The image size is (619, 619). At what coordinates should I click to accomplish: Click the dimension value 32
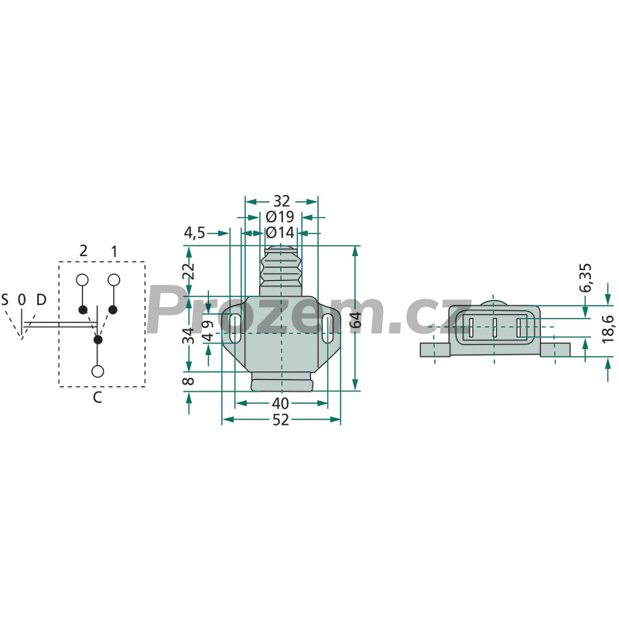pyautogui.click(x=282, y=201)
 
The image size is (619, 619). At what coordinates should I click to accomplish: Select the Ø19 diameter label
pyautogui.click(x=280, y=217)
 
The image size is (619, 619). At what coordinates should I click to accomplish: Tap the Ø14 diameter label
pyautogui.click(x=280, y=233)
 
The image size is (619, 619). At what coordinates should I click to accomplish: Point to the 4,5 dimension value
pyautogui.click(x=195, y=233)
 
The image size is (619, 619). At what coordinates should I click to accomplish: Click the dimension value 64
pyautogui.click(x=356, y=320)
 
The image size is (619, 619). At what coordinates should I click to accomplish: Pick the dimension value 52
pyautogui.click(x=281, y=419)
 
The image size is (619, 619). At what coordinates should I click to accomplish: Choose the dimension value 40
pyautogui.click(x=281, y=403)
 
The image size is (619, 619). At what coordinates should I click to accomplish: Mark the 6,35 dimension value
pyautogui.click(x=586, y=278)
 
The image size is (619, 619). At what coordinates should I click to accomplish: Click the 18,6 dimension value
pyautogui.click(x=608, y=328)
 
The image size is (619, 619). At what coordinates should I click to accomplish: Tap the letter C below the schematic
pyautogui.click(x=97, y=397)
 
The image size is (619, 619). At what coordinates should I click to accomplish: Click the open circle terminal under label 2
pyautogui.click(x=82, y=280)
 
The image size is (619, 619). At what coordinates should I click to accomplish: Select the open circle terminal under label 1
pyautogui.click(x=114, y=280)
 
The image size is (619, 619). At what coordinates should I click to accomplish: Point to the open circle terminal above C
pyautogui.click(x=97, y=371)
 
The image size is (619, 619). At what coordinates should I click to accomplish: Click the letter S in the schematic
pyautogui.click(x=5, y=300)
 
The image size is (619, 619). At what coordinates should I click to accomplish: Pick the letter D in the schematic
pyautogui.click(x=41, y=300)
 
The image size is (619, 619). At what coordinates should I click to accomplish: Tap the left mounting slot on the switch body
pyautogui.click(x=235, y=328)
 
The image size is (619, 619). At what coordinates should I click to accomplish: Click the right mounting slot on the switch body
pyautogui.click(x=327, y=328)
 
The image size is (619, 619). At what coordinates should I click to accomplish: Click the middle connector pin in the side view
pyautogui.click(x=494, y=327)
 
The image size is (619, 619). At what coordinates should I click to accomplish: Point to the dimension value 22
pyautogui.click(x=189, y=272)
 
